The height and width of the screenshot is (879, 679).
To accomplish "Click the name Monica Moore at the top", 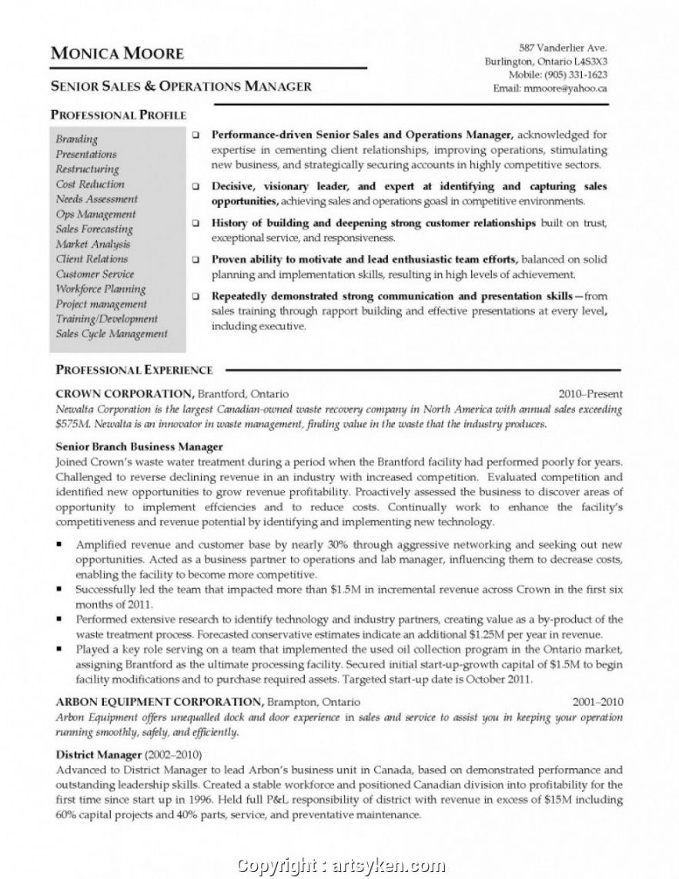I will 117,53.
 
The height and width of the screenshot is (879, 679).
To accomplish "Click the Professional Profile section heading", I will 119,115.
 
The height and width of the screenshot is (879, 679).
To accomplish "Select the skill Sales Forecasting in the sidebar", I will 94,229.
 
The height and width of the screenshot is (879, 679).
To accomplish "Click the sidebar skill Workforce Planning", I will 100,289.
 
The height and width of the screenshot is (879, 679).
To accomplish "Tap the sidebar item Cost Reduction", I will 89,184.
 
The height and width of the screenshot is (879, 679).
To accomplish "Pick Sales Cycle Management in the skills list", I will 111,333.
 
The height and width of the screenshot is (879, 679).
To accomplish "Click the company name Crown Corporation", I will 123,392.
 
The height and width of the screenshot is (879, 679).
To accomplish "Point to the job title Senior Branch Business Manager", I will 139,446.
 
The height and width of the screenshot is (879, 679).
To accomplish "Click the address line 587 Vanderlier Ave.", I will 564,48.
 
